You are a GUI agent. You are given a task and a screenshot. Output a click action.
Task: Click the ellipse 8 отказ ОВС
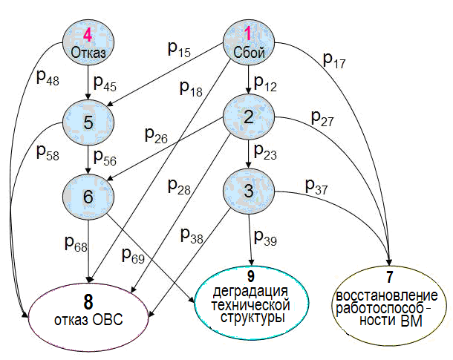click(x=89, y=312)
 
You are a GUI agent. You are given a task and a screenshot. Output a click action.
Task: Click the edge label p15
click(x=179, y=50)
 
